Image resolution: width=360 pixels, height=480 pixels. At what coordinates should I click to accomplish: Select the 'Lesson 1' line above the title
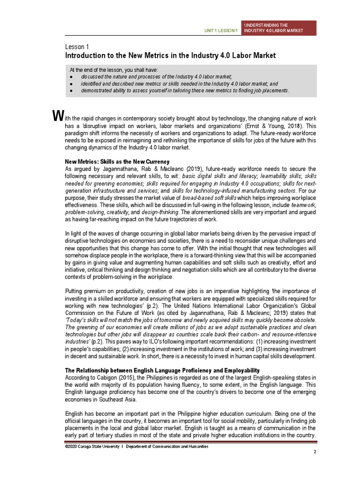(77, 47)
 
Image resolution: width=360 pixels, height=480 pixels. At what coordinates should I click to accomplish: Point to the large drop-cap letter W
(57, 115)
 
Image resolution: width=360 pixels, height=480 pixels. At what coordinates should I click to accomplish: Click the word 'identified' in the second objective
(91, 83)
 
